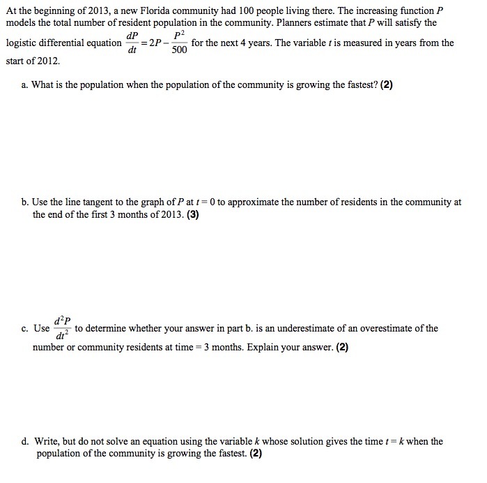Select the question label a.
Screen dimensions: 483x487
coord(24,85)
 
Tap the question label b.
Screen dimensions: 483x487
coord(25,202)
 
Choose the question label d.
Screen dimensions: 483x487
coord(25,442)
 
